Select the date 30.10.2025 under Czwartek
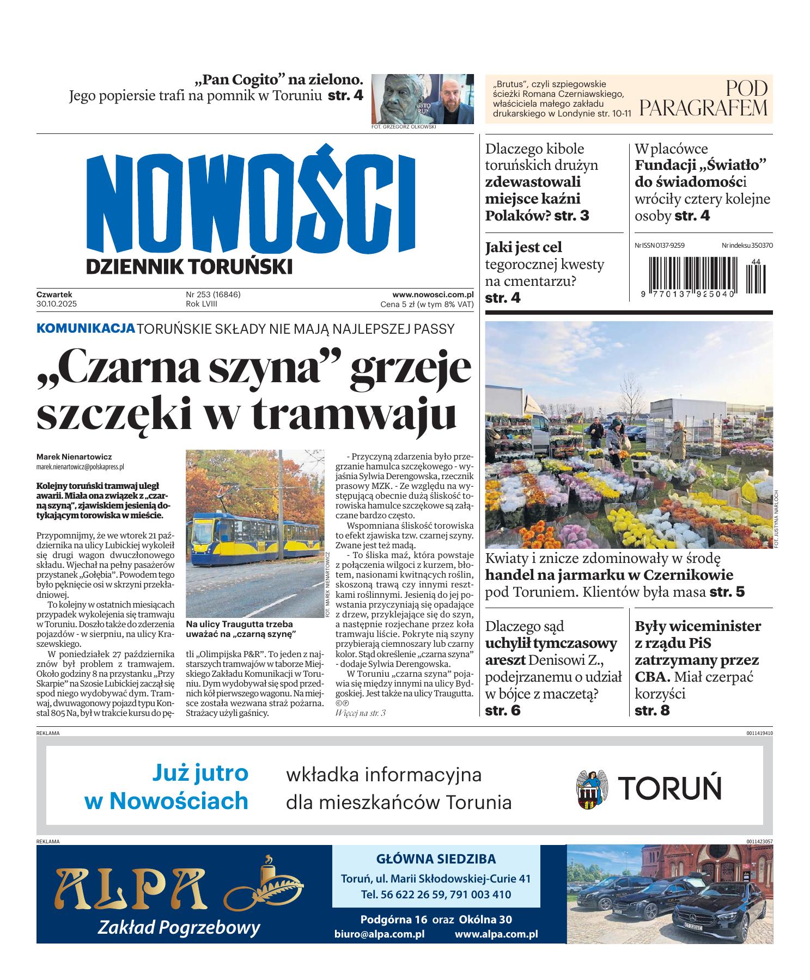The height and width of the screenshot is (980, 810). coord(54,304)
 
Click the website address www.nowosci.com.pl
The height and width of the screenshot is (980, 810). coord(433,295)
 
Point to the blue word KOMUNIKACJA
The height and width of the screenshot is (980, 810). coord(86,328)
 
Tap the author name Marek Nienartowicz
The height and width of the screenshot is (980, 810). coord(74,457)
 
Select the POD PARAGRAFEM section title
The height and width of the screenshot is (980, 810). coord(704,99)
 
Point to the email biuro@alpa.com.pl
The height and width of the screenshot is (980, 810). coord(380,934)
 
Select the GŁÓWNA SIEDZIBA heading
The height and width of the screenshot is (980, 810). coord(436,860)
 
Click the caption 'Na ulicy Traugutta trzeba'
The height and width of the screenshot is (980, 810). coord(239,624)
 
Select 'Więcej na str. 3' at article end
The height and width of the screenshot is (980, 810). coord(361,713)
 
